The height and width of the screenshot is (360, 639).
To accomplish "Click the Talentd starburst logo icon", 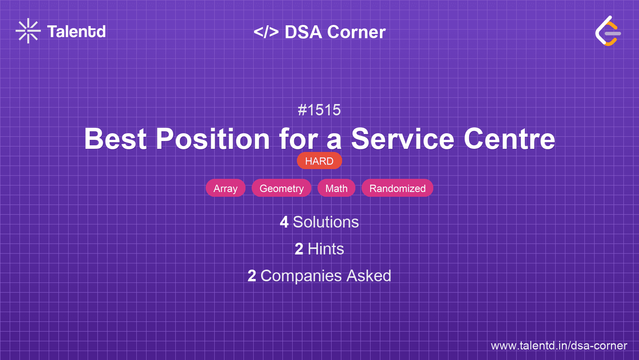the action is tap(28, 31).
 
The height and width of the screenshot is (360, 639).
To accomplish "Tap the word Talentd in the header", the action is tap(76, 32).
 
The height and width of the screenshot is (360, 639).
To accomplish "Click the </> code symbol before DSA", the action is tap(266, 32).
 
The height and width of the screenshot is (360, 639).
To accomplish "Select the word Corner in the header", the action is tap(356, 32).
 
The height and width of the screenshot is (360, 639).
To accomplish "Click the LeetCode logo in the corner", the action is tap(607, 31).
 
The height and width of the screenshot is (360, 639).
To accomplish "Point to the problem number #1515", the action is tap(319, 110).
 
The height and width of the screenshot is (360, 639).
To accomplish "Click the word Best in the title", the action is tap(116, 139).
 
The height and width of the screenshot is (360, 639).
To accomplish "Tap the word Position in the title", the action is tap(213, 139).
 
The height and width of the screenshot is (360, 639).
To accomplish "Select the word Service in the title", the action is tap(402, 139).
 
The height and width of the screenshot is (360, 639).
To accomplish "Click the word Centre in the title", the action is tap(510, 139).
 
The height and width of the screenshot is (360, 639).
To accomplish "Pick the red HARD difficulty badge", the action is tap(319, 161).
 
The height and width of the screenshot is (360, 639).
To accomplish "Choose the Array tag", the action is tap(225, 188).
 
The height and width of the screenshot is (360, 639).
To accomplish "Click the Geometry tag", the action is tap(282, 188).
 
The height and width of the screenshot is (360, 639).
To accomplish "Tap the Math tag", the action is tap(336, 188).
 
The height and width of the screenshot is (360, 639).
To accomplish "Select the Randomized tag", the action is tap(397, 188).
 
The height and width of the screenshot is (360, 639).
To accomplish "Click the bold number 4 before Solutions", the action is tap(284, 222).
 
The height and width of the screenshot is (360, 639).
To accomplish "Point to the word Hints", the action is tap(326, 249).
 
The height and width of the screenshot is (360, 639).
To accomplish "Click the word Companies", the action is tap(301, 276).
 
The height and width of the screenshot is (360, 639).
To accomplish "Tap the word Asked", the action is tap(369, 276).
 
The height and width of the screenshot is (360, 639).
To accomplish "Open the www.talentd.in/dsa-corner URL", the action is tap(559, 346).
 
